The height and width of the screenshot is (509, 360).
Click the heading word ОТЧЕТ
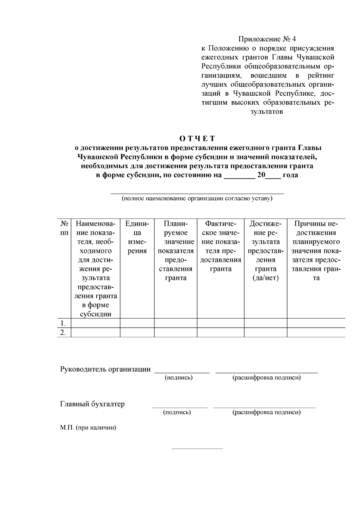(x=197, y=139)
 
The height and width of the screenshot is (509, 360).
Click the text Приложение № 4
(x=267, y=39)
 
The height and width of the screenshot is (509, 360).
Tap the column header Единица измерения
(x=137, y=237)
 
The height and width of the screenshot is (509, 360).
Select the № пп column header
(x=64, y=228)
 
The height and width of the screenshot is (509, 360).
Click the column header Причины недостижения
(x=316, y=250)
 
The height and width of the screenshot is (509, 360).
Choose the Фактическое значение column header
(x=220, y=246)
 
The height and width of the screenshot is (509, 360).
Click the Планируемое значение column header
(x=175, y=250)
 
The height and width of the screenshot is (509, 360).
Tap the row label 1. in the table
(x=63, y=323)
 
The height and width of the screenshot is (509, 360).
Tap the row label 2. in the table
(x=63, y=332)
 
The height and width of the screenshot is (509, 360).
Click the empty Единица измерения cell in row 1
(x=137, y=323)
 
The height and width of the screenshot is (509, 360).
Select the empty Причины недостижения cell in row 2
(x=316, y=332)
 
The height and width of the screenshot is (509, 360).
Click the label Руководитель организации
(x=105, y=369)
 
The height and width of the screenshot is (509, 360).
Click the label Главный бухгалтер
(x=92, y=404)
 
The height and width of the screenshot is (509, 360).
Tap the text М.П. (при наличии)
(x=88, y=428)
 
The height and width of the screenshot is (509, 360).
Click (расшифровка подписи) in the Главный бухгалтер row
(x=266, y=412)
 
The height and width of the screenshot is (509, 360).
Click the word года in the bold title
(x=290, y=175)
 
